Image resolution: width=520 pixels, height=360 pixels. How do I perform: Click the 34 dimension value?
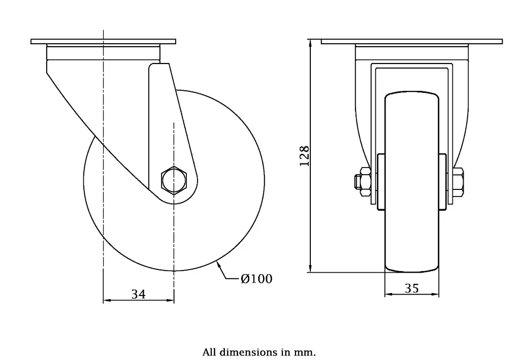coord(139,293)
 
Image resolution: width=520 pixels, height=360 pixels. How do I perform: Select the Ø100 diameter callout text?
coord(256,279)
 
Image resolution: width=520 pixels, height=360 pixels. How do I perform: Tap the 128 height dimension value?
coord(304,156)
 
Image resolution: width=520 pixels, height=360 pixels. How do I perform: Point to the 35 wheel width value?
coord(412,288)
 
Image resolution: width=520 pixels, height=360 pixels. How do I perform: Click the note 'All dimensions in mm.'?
coord(259,351)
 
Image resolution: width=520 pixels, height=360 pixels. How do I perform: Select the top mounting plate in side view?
coord(103,41)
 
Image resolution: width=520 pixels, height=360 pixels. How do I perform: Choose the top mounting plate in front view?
coord(412,41)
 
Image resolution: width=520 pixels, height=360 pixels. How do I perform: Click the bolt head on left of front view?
coord(364,182)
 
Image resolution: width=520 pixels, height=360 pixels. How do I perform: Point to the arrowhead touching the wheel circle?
coord(219,264)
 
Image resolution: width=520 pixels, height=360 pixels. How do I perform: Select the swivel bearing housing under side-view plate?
coord(103,52)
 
